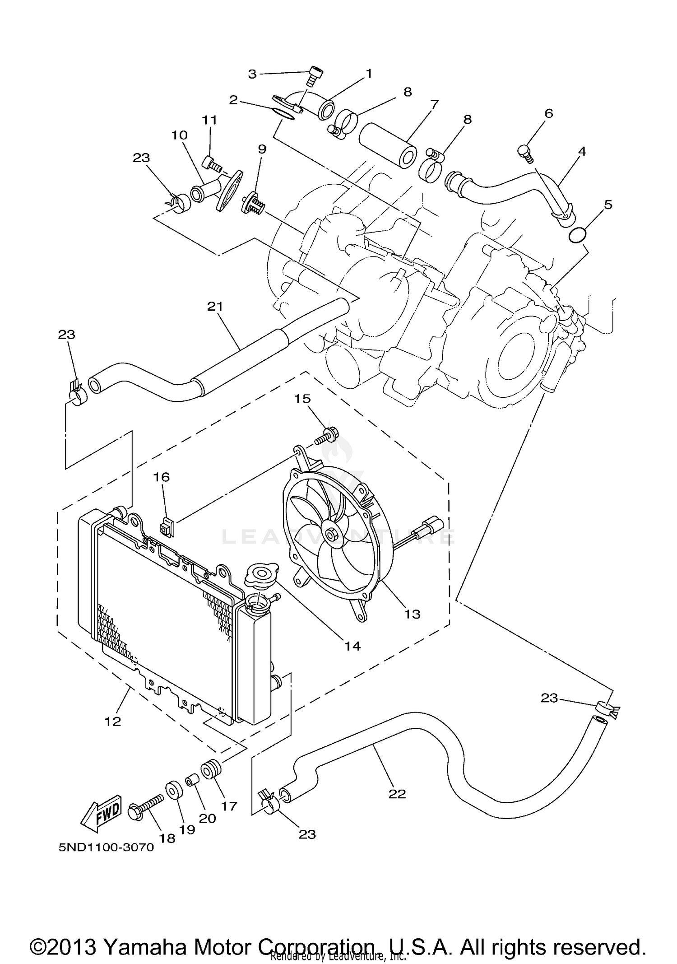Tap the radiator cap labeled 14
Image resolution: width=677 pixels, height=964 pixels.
pos(260,576)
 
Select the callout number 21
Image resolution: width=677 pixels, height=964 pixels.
pos(215,307)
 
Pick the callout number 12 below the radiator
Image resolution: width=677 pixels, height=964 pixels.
pos(113,721)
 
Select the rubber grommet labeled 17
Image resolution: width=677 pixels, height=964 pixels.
pos(210,768)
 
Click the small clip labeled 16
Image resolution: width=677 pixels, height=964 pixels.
pos(167,528)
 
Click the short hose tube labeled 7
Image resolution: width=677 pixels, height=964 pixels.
pos(387,147)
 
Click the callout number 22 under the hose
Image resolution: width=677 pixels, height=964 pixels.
pos(397,794)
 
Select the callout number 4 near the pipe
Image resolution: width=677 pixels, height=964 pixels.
pos(582,151)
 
